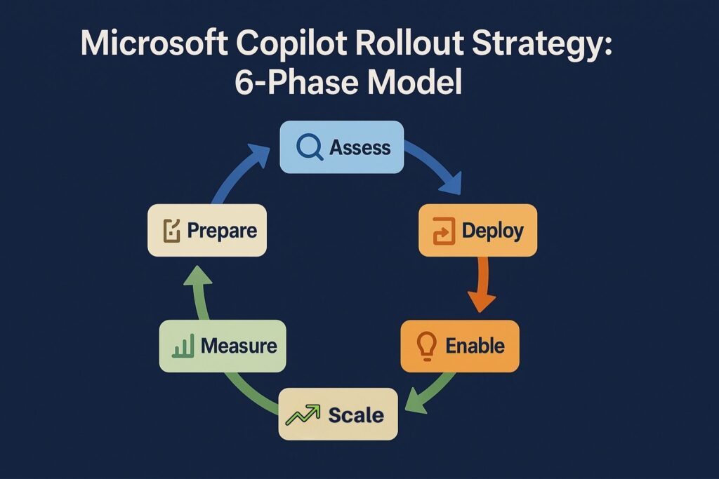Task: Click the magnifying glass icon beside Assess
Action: pyautogui.click(x=309, y=147)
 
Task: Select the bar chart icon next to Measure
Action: pyautogui.click(x=183, y=346)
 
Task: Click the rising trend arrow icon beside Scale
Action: pyautogui.click(x=303, y=414)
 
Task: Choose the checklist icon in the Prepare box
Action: pyautogui.click(x=171, y=231)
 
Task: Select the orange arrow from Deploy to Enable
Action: pyautogui.click(x=481, y=281)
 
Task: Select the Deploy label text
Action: pyautogui.click(x=492, y=230)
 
